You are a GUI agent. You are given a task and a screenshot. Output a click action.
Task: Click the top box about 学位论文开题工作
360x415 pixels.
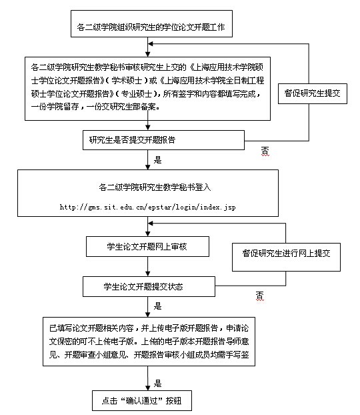[151, 24]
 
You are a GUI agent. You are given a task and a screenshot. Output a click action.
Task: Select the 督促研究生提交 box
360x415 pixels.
[313, 93]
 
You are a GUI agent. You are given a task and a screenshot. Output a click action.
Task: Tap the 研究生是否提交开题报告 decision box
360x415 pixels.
[163, 140]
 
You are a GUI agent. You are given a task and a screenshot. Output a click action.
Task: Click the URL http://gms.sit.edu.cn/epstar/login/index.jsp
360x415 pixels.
[147, 207]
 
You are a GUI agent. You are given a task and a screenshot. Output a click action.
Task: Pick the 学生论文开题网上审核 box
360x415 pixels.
[147, 247]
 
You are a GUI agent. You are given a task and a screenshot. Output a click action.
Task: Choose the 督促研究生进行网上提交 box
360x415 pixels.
[286, 257]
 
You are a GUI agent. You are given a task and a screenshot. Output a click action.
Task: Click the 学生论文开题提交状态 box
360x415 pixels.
[149, 287]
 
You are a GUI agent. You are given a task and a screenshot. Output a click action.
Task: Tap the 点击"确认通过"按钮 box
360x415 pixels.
[142, 401]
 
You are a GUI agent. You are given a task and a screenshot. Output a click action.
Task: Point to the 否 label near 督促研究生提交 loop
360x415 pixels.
[265, 151]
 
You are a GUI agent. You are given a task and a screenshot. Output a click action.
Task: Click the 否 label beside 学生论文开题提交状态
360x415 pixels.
[260, 296]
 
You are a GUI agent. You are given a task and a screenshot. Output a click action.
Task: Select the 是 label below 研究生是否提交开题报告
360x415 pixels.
[157, 159]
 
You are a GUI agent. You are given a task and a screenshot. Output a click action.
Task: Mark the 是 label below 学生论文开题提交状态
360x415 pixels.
[157, 306]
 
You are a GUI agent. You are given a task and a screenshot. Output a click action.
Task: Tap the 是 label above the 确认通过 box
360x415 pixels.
[157, 383]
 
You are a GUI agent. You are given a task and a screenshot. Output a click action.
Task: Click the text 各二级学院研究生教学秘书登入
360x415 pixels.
[155, 187]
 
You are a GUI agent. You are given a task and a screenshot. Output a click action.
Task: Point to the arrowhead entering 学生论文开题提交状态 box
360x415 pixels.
[148, 274]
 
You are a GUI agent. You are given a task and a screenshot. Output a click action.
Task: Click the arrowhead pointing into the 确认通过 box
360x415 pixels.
[148, 388]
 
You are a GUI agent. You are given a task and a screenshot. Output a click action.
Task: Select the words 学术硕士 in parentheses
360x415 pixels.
[127, 81]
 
